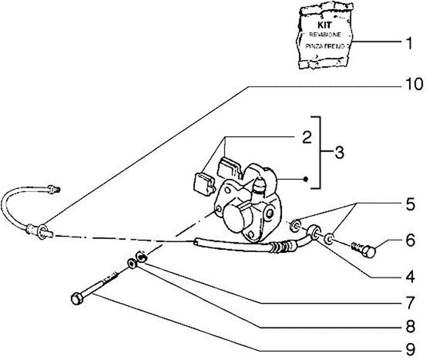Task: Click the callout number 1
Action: (408, 43)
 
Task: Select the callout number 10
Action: (412, 85)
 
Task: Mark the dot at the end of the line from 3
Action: (307, 179)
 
